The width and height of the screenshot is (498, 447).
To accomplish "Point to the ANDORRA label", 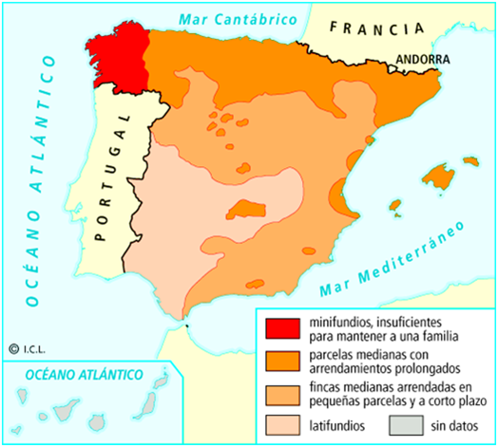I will click(x=422, y=58).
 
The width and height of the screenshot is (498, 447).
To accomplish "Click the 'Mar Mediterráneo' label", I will click(x=391, y=261).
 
